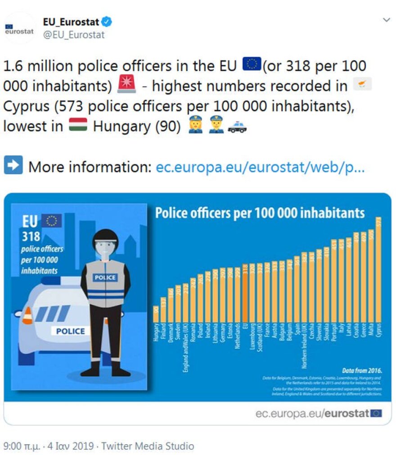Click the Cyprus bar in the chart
(x=378, y=270)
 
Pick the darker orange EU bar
(x=245, y=293)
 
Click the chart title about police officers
(x=260, y=212)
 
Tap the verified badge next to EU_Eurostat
(x=107, y=22)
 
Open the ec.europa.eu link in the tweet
(x=260, y=167)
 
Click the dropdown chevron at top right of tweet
(x=386, y=20)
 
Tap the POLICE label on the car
(x=70, y=331)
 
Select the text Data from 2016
(x=361, y=370)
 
